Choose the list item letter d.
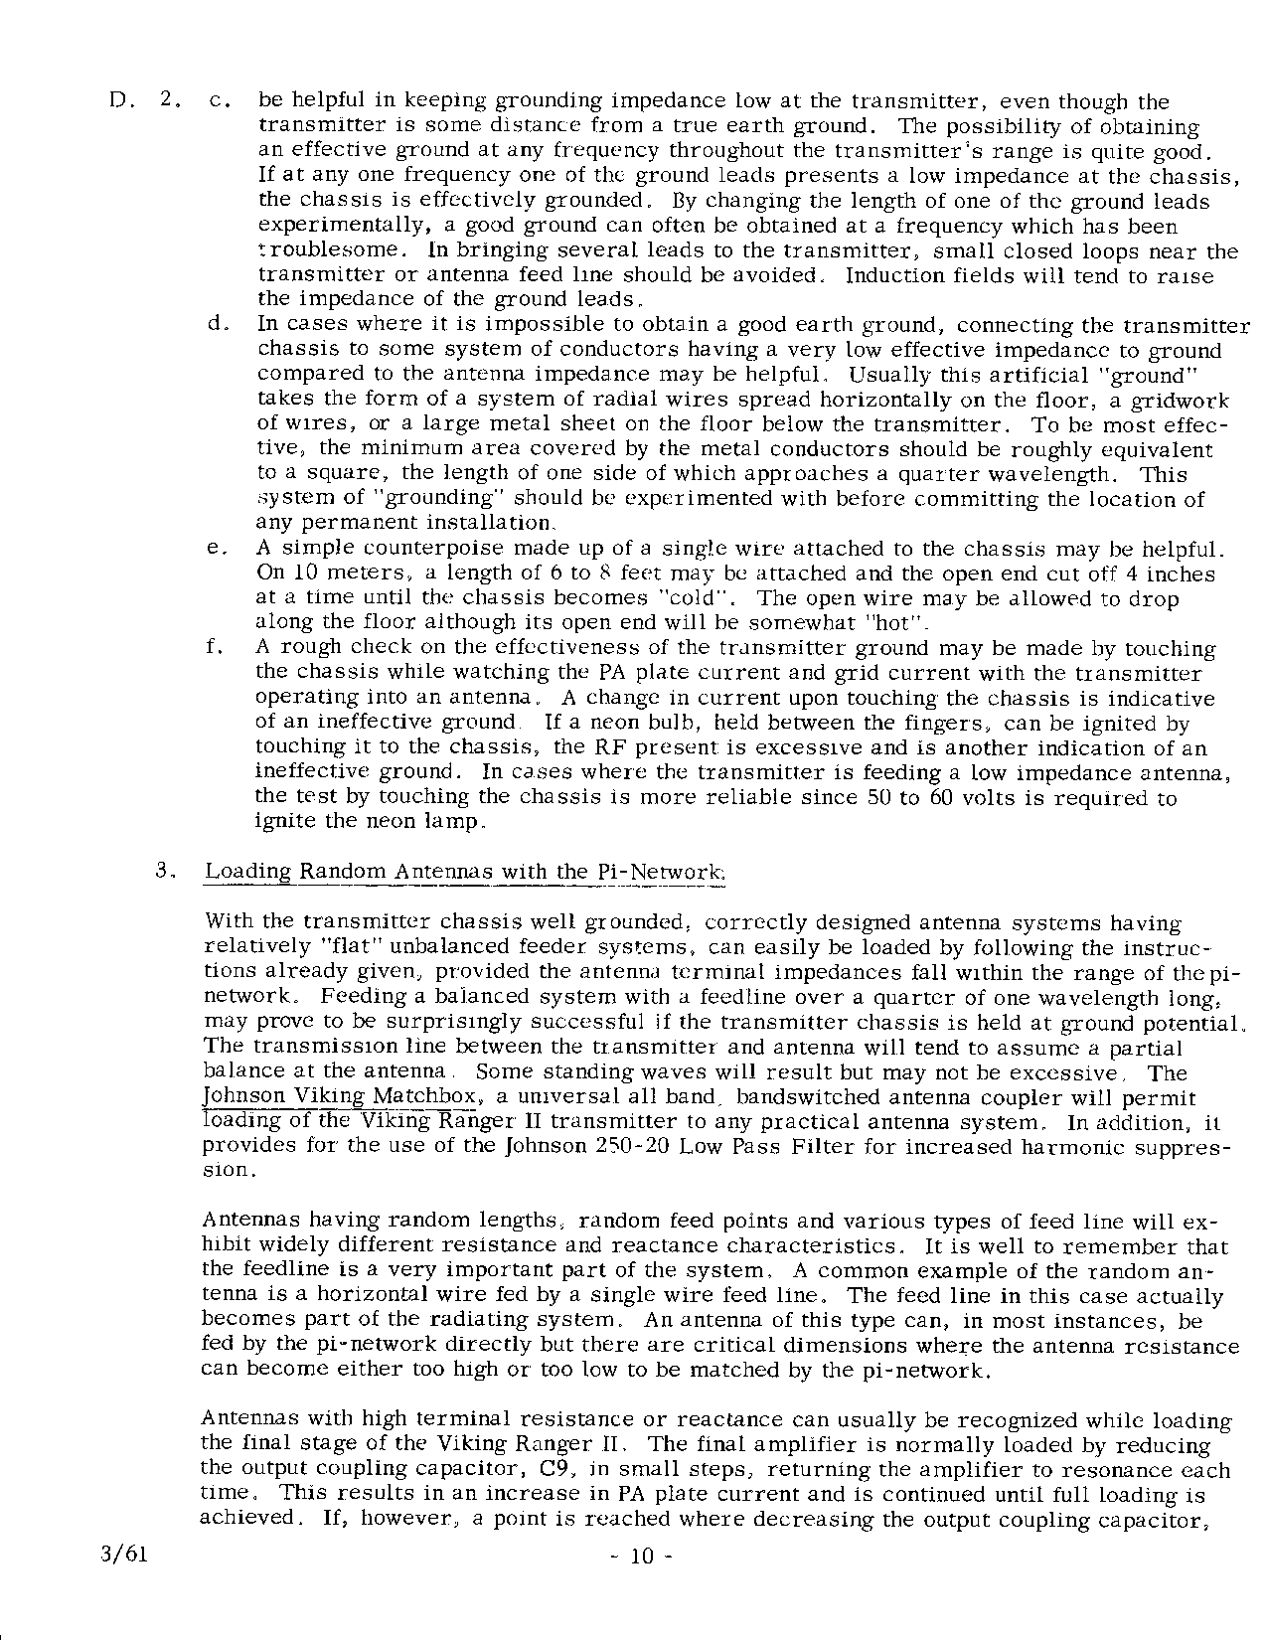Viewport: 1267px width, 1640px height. tap(216, 325)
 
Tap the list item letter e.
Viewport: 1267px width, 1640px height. tap(216, 549)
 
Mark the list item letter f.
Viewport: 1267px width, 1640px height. tap(214, 648)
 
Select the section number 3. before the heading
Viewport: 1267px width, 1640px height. tap(166, 872)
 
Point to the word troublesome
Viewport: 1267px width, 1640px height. tap(315, 250)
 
